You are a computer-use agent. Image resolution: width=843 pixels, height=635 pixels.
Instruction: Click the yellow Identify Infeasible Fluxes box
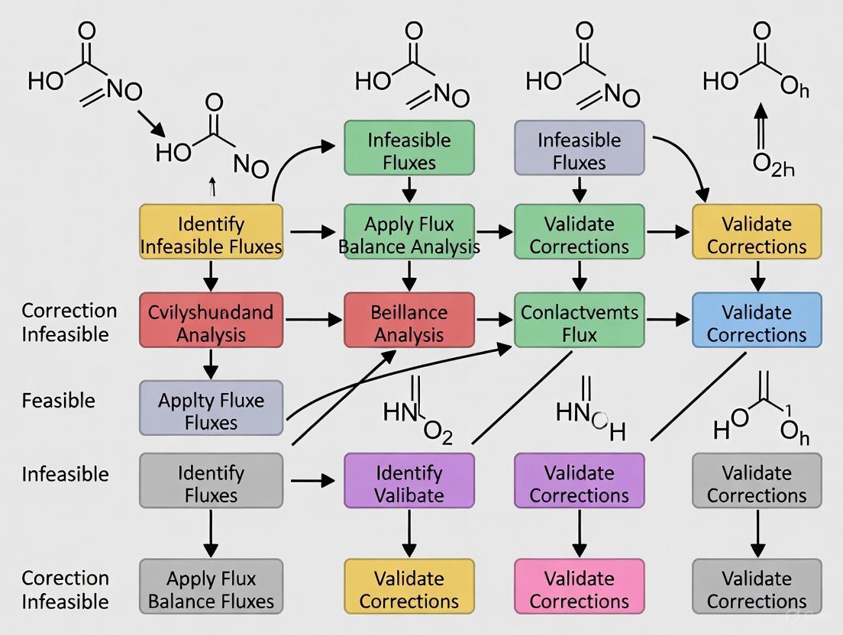211,234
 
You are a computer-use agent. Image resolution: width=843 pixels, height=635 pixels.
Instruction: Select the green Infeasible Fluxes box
409,150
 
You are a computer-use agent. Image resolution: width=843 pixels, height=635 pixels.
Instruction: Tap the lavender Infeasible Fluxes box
580,150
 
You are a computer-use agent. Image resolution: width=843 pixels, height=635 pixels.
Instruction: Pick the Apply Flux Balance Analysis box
409,234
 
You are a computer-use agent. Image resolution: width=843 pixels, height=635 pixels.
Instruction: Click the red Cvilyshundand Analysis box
211,323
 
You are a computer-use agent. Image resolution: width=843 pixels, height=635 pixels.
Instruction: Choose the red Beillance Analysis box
409,323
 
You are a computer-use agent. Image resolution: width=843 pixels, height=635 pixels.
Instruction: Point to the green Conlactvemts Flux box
580,323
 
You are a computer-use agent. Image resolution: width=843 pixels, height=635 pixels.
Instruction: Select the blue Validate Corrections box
757,323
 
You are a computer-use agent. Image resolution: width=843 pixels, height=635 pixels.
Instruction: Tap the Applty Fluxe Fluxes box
211,410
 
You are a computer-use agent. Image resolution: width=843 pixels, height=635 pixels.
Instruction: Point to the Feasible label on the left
59,400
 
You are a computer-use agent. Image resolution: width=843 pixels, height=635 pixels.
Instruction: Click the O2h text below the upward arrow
773,164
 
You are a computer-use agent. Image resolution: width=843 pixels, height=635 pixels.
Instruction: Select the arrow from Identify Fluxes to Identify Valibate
314,481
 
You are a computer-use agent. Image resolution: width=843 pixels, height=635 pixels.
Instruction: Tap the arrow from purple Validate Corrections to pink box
580,534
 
